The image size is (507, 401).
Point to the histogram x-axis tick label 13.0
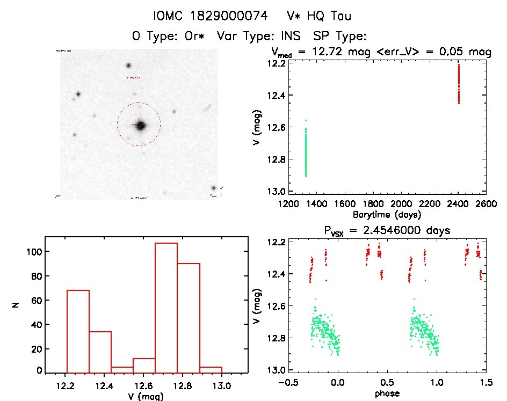point(221,387)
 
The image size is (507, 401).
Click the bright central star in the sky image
point(141,126)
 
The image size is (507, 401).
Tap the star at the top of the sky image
point(128,65)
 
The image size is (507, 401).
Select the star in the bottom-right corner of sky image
point(214,188)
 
